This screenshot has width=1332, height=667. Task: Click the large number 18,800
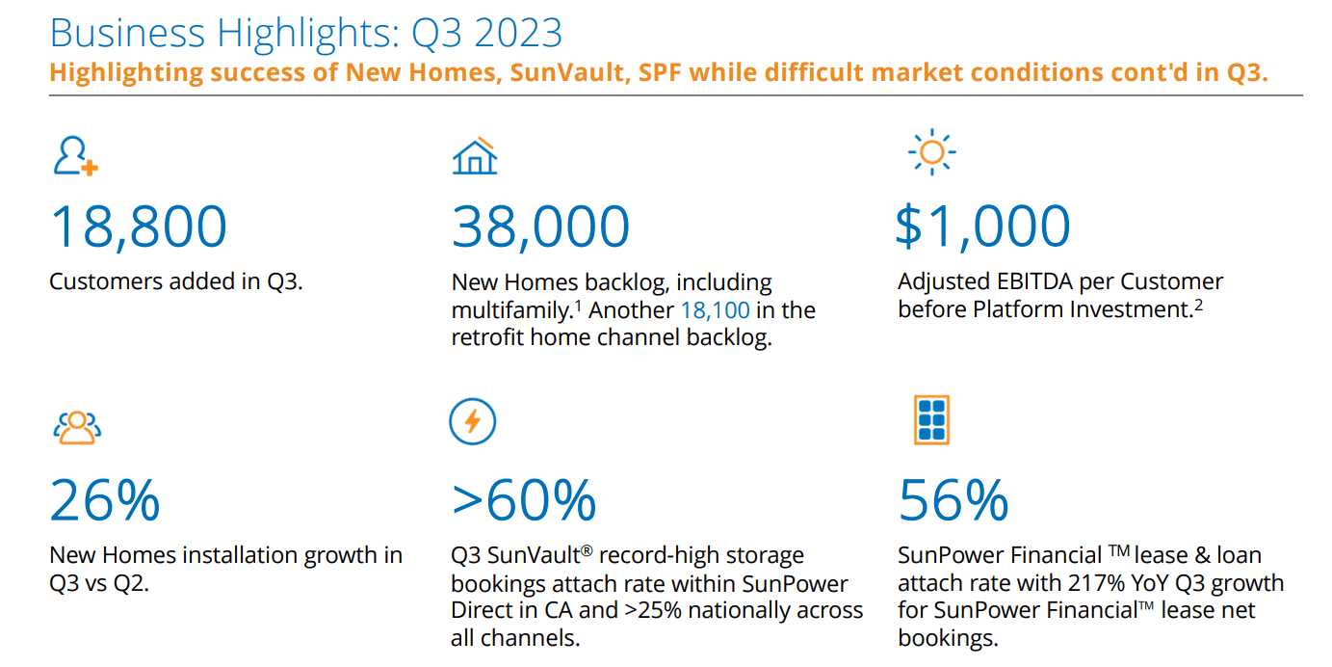tap(139, 227)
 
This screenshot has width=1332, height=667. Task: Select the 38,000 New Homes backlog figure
tap(540, 227)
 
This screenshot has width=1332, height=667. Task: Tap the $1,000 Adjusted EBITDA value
tap(983, 227)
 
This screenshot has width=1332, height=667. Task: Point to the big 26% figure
tap(105, 500)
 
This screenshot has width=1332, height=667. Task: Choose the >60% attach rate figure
tap(524, 500)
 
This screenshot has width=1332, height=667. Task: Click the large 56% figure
tap(953, 500)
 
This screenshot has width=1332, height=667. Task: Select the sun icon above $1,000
tap(931, 153)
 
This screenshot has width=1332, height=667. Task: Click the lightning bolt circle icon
tap(473, 422)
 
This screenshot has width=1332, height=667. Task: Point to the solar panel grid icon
tap(931, 420)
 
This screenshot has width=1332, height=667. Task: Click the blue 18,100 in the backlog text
tap(715, 310)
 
